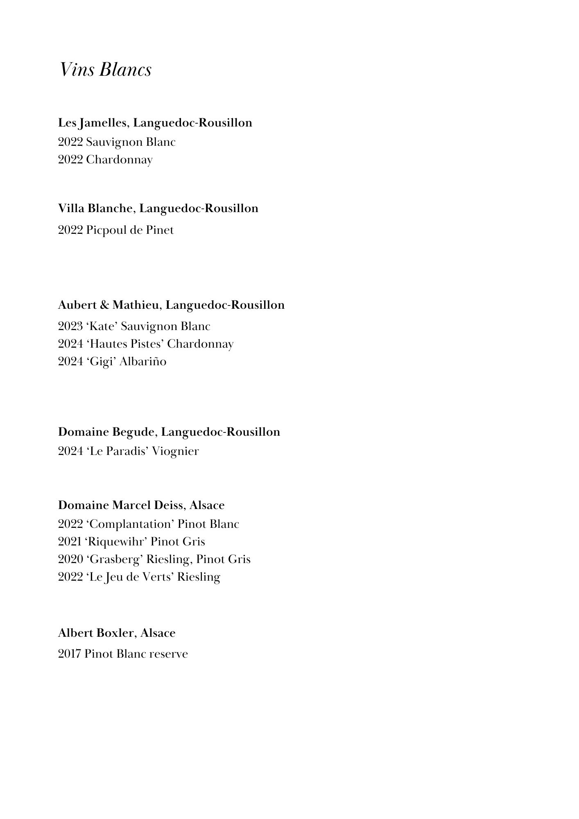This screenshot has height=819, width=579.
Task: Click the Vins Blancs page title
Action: pos(105,70)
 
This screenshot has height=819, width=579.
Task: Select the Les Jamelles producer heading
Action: pos(155,122)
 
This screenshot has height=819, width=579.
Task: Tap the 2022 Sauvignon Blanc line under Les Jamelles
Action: pos(117,142)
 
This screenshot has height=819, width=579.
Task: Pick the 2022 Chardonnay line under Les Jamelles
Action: pos(105,160)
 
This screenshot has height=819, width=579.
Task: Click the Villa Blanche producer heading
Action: pos(158,208)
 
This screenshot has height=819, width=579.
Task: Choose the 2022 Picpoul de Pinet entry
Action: pos(116,230)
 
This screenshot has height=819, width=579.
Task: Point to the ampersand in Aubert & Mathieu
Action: pos(104,305)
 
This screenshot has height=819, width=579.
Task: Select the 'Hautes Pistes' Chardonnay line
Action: pos(146,344)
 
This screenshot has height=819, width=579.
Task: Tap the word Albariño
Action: pos(143,362)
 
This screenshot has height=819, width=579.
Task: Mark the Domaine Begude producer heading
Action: pos(169,432)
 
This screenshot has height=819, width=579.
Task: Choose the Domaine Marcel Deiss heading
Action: pos(141,505)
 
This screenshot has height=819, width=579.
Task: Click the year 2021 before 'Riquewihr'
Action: pos(70,542)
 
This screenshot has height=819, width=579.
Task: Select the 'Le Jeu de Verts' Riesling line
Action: pos(139,577)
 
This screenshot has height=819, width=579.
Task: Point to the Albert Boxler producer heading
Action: pos(117,633)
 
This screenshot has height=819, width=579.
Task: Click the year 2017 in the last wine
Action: pos(70,654)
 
